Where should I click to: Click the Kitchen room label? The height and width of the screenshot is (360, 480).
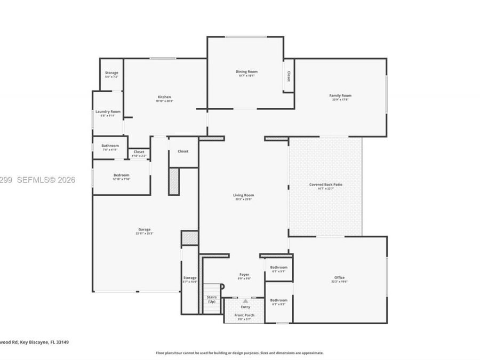pyautogui.click(x=164, y=97)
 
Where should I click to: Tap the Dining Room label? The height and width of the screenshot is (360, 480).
pyautogui.click(x=246, y=71)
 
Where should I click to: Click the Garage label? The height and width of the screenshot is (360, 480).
pyautogui.click(x=145, y=229)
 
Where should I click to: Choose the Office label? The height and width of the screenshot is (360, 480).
pyautogui.click(x=339, y=277)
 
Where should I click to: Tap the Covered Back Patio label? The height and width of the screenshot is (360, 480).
pyautogui.click(x=326, y=185)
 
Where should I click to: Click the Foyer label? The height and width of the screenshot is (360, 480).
pyautogui.click(x=244, y=275)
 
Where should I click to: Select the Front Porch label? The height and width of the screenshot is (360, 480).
pyautogui.click(x=245, y=315)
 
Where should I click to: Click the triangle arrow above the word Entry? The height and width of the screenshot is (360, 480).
pyautogui.click(x=245, y=301)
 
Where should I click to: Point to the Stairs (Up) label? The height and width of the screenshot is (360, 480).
pyautogui.click(x=211, y=299)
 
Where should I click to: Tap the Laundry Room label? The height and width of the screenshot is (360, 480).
pyautogui.click(x=108, y=111)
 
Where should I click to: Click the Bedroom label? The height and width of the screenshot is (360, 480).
pyautogui.click(x=121, y=175)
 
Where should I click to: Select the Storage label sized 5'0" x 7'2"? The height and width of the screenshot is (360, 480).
pyautogui.click(x=111, y=73)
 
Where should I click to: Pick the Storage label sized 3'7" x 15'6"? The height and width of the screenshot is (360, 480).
pyautogui.click(x=190, y=277)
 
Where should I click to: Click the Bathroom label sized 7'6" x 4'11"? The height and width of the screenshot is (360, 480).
pyautogui.click(x=110, y=146)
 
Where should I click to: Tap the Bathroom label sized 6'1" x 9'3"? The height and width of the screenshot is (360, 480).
pyautogui.click(x=278, y=300)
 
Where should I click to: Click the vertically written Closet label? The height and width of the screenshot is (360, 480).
pyautogui.click(x=289, y=76)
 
